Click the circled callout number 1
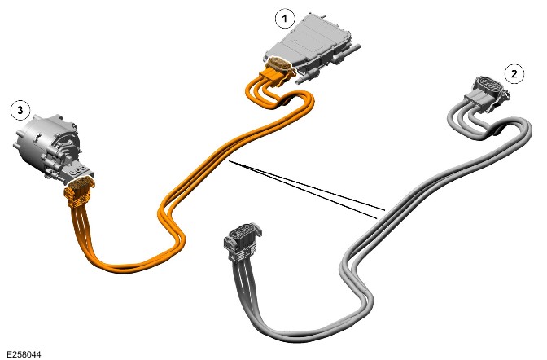285,19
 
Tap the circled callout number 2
514,73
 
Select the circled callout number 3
20,110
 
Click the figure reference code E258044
24,354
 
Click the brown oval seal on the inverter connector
280,65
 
